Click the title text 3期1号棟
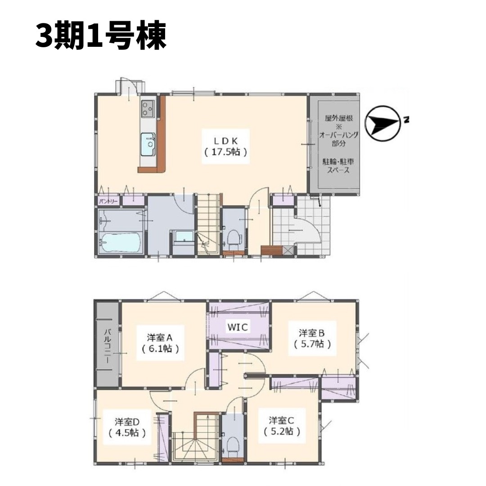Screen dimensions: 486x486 [101, 36]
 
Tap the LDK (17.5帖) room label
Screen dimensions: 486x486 [226, 146]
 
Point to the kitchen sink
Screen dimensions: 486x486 [148, 144]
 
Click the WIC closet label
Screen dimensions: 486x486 [238, 327]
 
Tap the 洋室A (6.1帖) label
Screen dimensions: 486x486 [161, 342]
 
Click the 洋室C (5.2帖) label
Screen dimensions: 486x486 [281, 426]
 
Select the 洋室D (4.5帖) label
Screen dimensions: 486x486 [127, 427]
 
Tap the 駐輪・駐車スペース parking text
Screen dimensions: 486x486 [338, 166]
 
